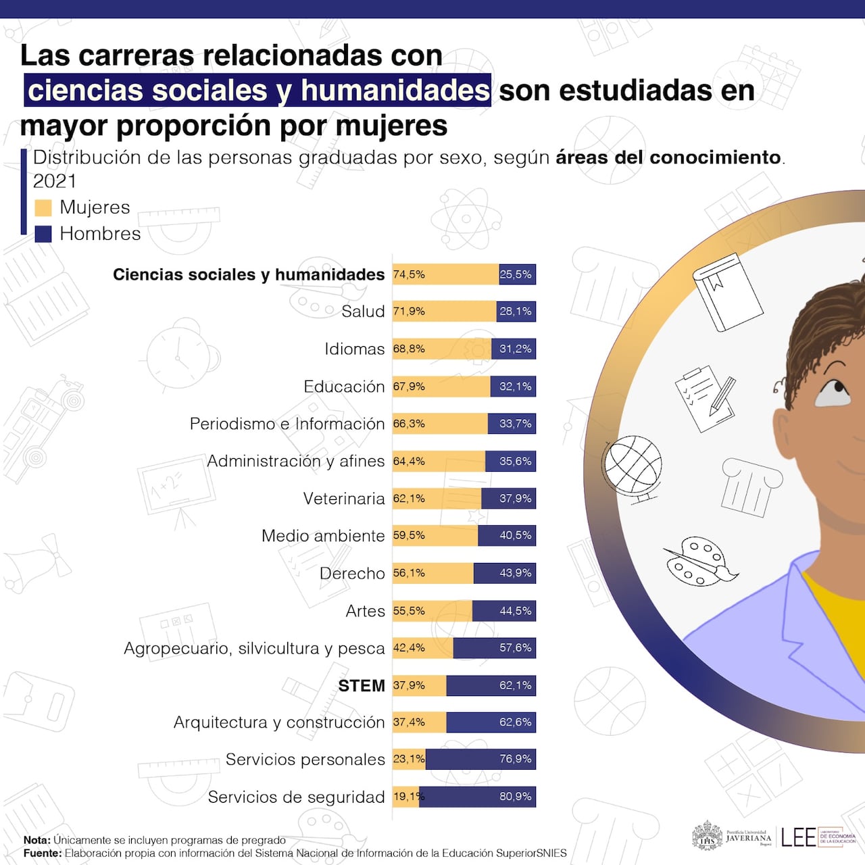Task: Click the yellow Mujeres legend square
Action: pyautogui.click(x=43, y=207)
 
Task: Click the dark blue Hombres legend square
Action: pyautogui.click(x=43, y=234)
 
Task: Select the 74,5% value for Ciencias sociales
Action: pyautogui.click(x=409, y=274)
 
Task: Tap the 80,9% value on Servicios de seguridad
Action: pyautogui.click(x=516, y=797)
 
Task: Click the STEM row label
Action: pyautogui.click(x=361, y=685)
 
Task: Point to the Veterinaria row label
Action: pyautogui.click(x=343, y=499)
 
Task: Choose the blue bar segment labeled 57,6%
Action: pyautogui.click(x=494, y=648)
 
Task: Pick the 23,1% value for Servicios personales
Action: pyautogui.click(x=409, y=760)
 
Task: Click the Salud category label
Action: pyautogui.click(x=363, y=312)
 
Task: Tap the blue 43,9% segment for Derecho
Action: pyautogui.click(x=504, y=573)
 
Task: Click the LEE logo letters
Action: pyautogui.click(x=798, y=837)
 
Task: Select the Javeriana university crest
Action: pyautogui.click(x=707, y=837)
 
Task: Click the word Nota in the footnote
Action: pyautogui.click(x=36, y=840)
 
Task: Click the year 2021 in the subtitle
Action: pyautogui.click(x=55, y=181)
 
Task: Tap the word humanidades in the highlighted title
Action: pyautogui.click(x=395, y=91)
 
